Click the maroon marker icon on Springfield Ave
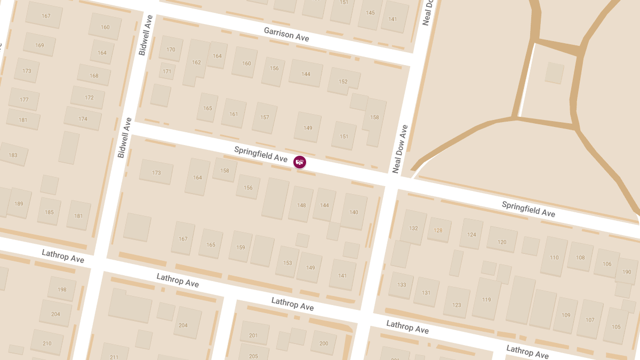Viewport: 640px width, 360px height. tap(300, 161)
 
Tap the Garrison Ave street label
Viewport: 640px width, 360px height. tap(286, 35)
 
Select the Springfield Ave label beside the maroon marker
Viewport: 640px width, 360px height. tap(261, 154)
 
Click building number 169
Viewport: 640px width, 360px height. tap(39, 45)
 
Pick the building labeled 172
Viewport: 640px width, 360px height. tap(89, 98)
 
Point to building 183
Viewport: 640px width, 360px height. tap(13, 155)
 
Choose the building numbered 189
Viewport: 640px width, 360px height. tap(19, 204)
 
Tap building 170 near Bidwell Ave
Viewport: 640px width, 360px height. tap(171, 50)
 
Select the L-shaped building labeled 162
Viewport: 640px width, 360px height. tap(196, 62)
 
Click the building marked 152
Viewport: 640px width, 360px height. tap(343, 82)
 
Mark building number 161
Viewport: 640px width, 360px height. tap(234, 114)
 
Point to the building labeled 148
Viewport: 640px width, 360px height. tap(301, 205)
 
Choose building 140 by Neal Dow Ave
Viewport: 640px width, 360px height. tap(354, 212)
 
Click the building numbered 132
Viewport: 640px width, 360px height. tap(413, 228)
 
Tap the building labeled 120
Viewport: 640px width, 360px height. tap(502, 242)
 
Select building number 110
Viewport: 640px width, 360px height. tap(554, 257)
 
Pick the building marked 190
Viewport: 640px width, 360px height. tap(627, 273)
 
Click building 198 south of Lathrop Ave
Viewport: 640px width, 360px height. tap(62, 290)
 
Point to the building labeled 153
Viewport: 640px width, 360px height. tap(287, 262)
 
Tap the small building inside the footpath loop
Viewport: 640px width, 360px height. tap(554, 73)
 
